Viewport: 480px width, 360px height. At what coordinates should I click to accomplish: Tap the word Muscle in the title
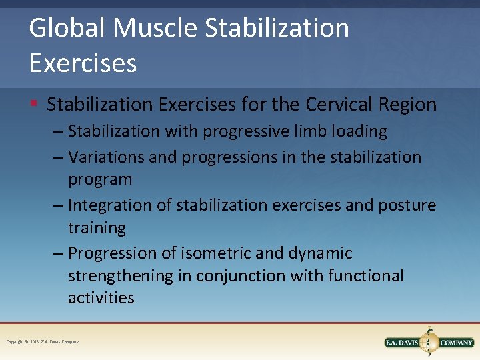pyautogui.click(x=155, y=29)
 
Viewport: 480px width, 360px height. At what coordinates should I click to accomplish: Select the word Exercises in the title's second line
pyautogui.click(x=83, y=63)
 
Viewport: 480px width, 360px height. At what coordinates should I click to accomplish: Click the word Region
pyautogui.click(x=411, y=105)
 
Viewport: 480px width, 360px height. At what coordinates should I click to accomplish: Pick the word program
pyautogui.click(x=100, y=179)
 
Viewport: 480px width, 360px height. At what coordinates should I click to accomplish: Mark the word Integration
pyautogui.click(x=110, y=205)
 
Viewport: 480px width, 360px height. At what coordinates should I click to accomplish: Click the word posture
pyautogui.click(x=408, y=205)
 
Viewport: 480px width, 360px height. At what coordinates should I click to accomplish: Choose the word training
pyautogui.click(x=97, y=228)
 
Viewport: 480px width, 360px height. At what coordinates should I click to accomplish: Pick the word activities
pyautogui.click(x=101, y=298)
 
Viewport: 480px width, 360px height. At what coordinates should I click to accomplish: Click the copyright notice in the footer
pyautogui.click(x=42, y=342)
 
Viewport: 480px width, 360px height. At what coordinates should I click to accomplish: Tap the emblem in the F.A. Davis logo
pyautogui.click(x=429, y=342)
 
